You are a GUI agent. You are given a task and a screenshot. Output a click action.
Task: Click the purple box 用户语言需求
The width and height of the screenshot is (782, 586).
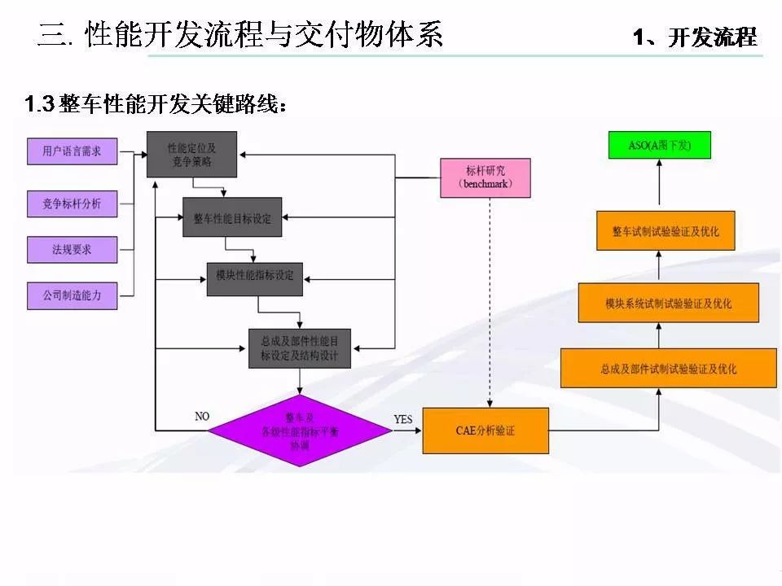(72, 151)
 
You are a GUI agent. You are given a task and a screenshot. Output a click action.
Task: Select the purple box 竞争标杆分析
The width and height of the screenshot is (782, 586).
(72, 204)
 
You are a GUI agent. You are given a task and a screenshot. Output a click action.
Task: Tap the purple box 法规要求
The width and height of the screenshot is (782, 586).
(72, 250)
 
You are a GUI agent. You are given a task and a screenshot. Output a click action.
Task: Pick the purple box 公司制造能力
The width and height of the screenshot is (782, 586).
(72, 295)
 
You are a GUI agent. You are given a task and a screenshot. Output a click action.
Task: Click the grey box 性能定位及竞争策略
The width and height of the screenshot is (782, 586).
(191, 155)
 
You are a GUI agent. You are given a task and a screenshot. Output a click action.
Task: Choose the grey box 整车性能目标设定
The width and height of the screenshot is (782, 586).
(232, 218)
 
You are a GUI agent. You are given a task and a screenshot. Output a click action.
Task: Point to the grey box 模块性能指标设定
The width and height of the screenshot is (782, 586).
(254, 276)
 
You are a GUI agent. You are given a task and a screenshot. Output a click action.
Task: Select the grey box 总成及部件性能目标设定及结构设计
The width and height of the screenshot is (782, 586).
(300, 348)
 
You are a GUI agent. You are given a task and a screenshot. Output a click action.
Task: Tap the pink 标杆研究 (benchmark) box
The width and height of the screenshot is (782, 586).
(485, 177)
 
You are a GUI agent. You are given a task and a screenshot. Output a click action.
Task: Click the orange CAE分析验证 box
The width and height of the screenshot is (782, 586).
(485, 431)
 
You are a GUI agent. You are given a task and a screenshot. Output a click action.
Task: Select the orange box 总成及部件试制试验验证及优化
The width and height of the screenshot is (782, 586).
(668, 368)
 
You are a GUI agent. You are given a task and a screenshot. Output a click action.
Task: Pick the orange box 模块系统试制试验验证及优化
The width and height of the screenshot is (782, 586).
(668, 304)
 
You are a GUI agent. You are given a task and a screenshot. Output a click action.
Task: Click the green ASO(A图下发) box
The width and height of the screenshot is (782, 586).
(660, 145)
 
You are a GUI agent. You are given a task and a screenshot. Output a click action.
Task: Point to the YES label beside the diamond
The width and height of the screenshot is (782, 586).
(404, 419)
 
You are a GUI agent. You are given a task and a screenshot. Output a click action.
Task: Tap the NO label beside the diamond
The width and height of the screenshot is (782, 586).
(202, 416)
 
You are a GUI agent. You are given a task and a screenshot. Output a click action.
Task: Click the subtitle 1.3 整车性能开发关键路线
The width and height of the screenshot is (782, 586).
(155, 104)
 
